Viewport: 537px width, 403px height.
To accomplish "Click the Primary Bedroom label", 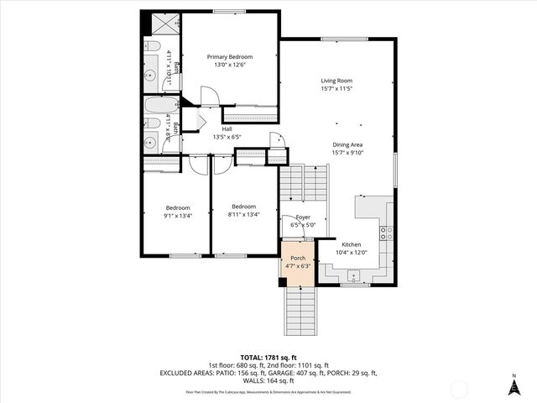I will click(x=230, y=57).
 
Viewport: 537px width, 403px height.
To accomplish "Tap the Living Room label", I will click(x=335, y=81).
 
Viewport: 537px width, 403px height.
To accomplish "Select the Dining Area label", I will click(x=347, y=144).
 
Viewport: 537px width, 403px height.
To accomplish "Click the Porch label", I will click(x=298, y=258).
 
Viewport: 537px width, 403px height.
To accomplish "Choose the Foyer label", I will click(x=302, y=217).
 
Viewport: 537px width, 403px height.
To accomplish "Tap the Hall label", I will click(x=227, y=128).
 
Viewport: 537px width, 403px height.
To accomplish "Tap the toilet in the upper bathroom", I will click(x=153, y=47).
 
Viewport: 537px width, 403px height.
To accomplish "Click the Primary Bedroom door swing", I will click(x=210, y=95).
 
